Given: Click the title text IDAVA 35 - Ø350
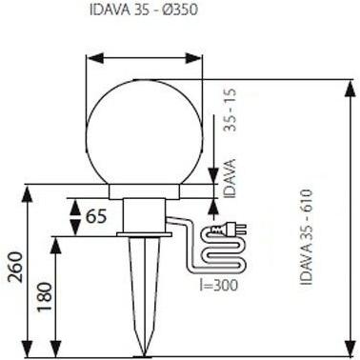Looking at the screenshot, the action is [x=144, y=10].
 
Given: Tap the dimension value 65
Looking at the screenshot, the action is [x=96, y=217].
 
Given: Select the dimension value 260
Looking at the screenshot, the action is [x=15, y=267].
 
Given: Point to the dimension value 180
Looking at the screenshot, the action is [x=44, y=296].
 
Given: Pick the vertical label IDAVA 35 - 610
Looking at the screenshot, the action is [x=307, y=237].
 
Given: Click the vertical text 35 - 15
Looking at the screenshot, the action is [x=230, y=110].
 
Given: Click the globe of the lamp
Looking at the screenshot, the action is [x=145, y=132].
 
